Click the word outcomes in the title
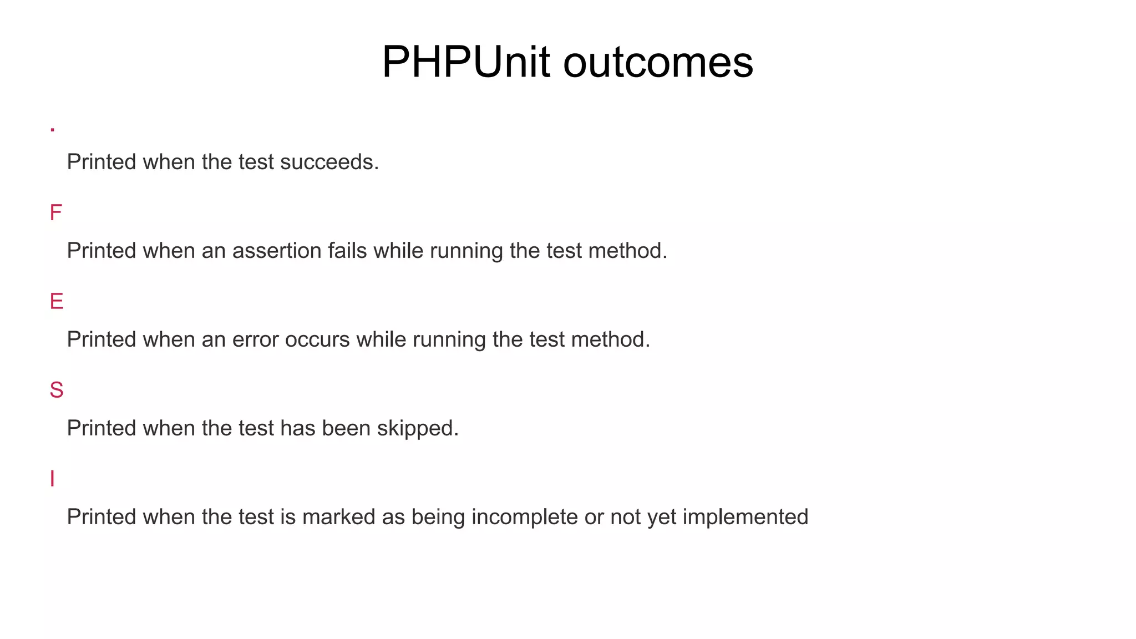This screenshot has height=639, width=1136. point(658,63)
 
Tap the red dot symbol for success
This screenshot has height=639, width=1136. point(52,130)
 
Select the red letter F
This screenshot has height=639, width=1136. point(55,212)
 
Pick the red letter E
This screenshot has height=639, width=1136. point(56,301)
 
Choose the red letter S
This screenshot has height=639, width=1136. point(56,390)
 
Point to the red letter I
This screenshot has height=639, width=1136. point(52,479)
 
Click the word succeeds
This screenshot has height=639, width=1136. point(329,162)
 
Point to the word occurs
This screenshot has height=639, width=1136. point(317,339)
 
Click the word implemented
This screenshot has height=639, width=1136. point(745,517)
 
